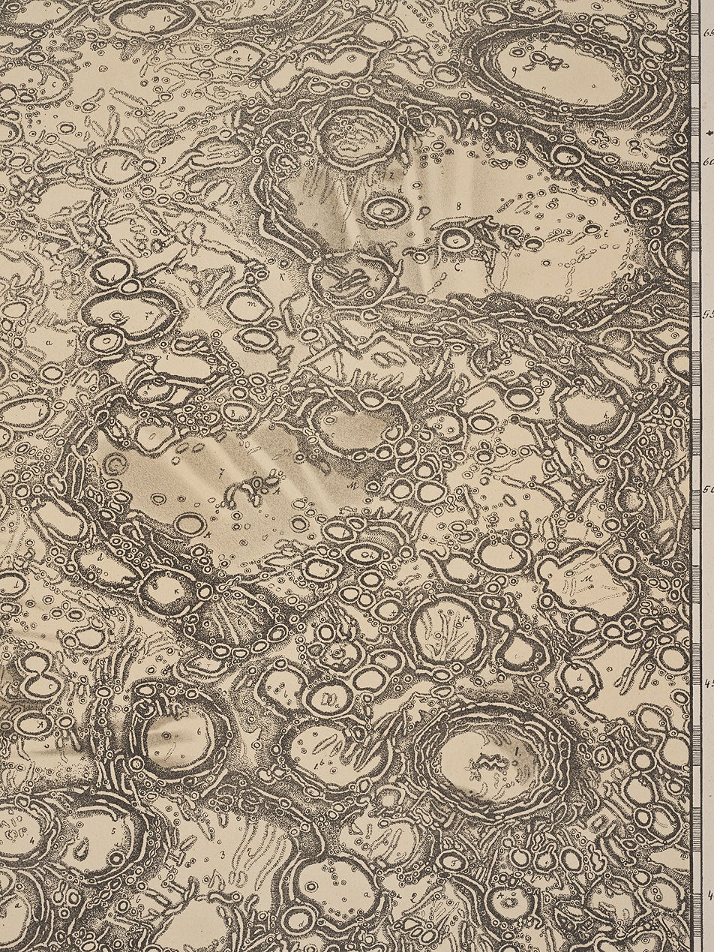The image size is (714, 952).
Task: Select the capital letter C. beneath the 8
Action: point(457,265)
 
